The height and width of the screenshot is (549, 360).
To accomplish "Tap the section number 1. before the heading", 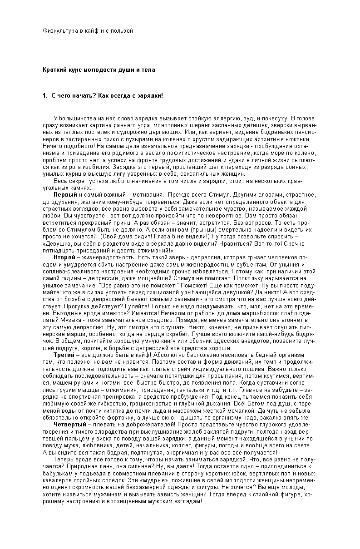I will click(45, 96).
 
